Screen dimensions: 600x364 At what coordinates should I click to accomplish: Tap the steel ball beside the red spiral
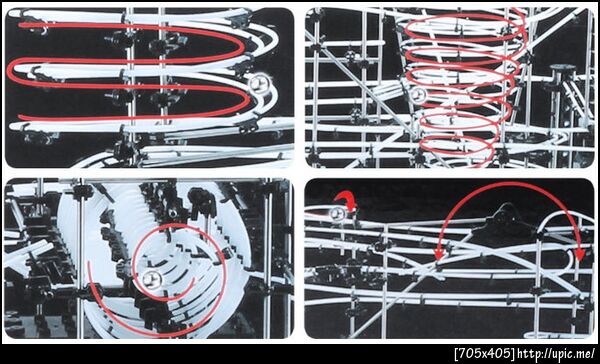tap(417, 94)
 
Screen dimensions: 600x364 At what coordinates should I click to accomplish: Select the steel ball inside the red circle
tap(152, 279)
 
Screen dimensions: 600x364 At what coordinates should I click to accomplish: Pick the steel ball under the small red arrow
tap(337, 214)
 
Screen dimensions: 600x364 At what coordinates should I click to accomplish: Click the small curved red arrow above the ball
tap(346, 201)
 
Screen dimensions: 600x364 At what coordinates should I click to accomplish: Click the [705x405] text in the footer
tap(485, 354)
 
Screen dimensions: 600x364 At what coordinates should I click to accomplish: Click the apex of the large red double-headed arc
tap(509, 183)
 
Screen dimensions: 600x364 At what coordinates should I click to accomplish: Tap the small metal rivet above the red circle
tap(173, 212)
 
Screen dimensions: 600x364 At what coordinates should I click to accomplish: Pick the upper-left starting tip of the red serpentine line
tap(20, 25)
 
